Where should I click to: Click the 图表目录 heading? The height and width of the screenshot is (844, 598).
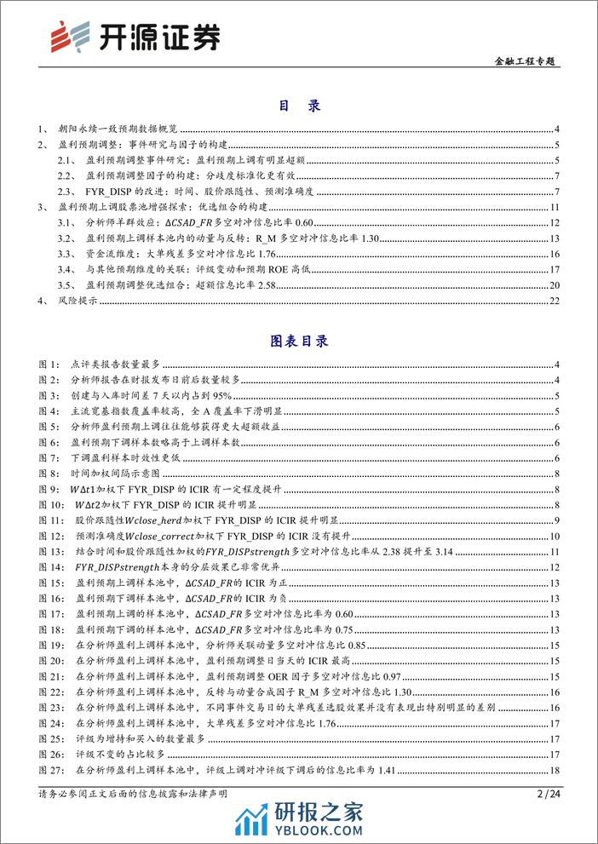[298, 341]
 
